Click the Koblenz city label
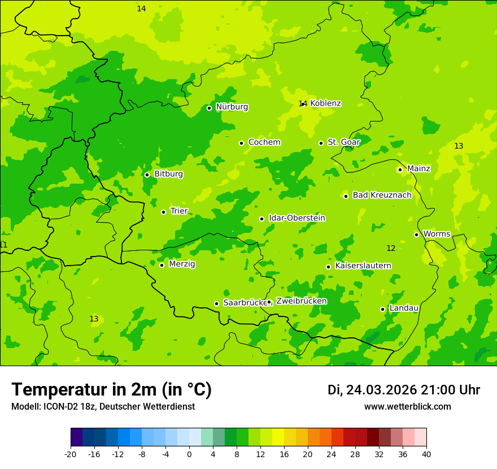click(x=325, y=103)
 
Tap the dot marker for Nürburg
click(x=209, y=108)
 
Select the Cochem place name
click(x=264, y=142)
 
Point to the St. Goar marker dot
click(x=321, y=143)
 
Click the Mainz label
click(x=418, y=168)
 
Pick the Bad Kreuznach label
click(x=382, y=196)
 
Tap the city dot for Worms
click(x=416, y=234)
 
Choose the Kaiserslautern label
click(x=363, y=266)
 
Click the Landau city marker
click(x=382, y=309)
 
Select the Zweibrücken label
click(x=301, y=301)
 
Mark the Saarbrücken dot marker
click(x=216, y=303)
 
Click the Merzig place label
click(x=182, y=264)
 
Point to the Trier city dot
click(x=163, y=212)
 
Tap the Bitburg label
click(x=168, y=174)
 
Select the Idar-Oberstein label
click(x=297, y=218)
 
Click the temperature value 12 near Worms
click(x=391, y=249)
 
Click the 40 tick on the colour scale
click(x=426, y=454)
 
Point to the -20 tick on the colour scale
click(x=71, y=454)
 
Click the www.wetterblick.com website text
click(x=407, y=407)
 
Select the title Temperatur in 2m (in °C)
click(x=111, y=390)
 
